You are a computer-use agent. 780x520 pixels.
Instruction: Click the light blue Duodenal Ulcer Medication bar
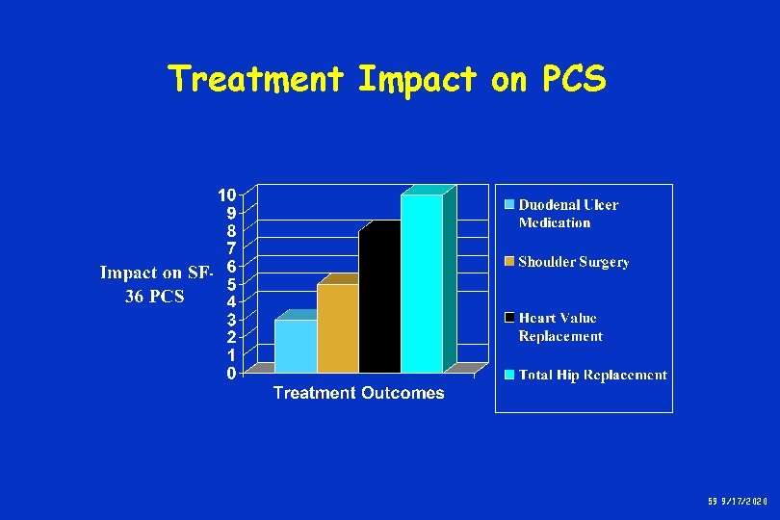click(x=295, y=346)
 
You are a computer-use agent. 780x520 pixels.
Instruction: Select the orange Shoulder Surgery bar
click(x=337, y=328)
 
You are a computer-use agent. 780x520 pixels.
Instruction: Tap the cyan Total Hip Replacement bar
click(x=422, y=284)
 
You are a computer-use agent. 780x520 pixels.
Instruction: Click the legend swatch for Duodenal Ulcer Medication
click(x=509, y=204)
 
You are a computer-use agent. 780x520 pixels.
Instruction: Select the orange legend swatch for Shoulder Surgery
click(x=509, y=261)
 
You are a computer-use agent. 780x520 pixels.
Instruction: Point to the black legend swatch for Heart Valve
click(x=509, y=318)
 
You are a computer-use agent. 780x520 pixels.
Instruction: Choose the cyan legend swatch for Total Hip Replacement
click(x=509, y=375)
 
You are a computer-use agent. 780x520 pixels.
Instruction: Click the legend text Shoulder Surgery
click(x=574, y=262)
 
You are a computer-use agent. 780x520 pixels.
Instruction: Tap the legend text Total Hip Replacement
click(x=593, y=376)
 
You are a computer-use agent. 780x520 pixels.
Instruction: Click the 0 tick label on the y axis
click(x=231, y=373)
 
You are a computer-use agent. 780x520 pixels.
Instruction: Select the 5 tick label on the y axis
click(x=231, y=284)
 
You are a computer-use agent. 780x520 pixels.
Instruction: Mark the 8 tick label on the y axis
click(x=231, y=231)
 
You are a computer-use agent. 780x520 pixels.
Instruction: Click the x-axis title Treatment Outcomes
click(x=358, y=393)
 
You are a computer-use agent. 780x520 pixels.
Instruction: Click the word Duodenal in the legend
click(x=549, y=205)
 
